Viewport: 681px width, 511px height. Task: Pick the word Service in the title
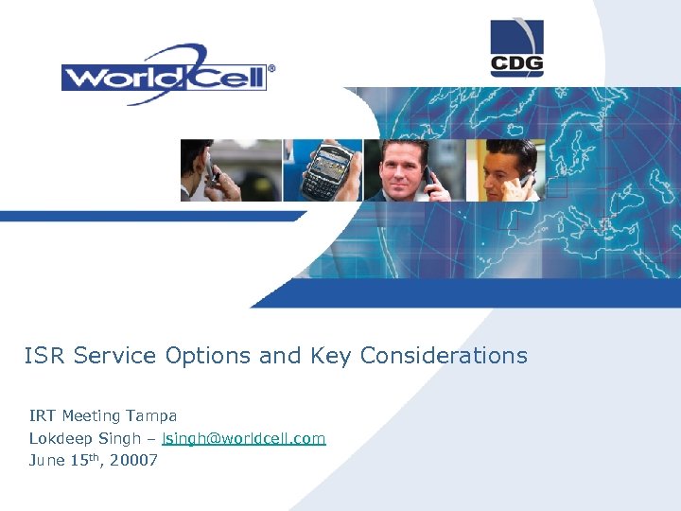(115, 356)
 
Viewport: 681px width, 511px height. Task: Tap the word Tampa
(152, 415)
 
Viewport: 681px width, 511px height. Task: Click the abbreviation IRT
(43, 415)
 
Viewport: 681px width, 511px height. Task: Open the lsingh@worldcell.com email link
(244, 438)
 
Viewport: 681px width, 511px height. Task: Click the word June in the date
(46, 461)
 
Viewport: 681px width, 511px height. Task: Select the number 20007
(135, 461)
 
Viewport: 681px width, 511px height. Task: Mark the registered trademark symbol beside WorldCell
(271, 68)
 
